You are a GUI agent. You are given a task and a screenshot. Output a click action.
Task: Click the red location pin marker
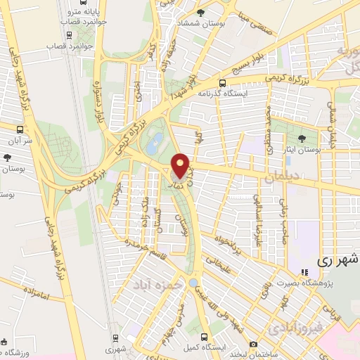click(x=181, y=166)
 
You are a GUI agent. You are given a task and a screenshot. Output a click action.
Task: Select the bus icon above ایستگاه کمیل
click(x=205, y=337)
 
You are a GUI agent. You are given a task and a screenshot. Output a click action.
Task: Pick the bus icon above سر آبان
click(x=20, y=130)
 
